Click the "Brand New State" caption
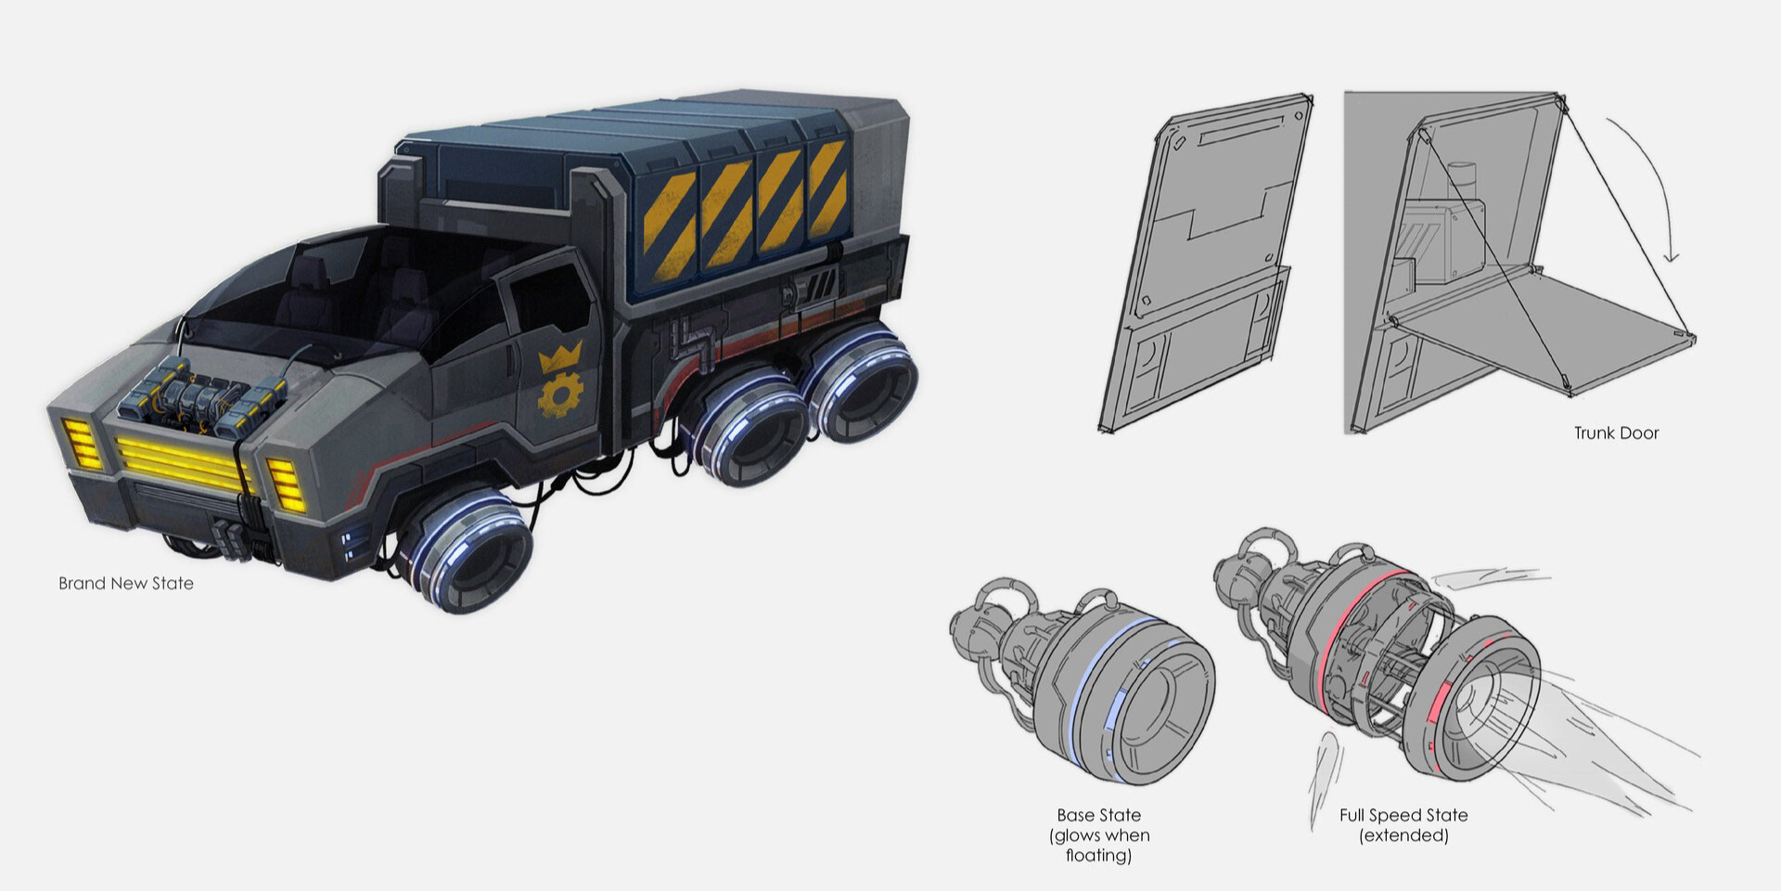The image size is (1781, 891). click(126, 584)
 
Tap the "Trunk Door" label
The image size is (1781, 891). click(1616, 433)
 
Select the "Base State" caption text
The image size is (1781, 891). click(1099, 815)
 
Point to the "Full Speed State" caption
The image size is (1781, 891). click(1403, 815)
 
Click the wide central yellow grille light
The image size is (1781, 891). click(184, 458)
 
